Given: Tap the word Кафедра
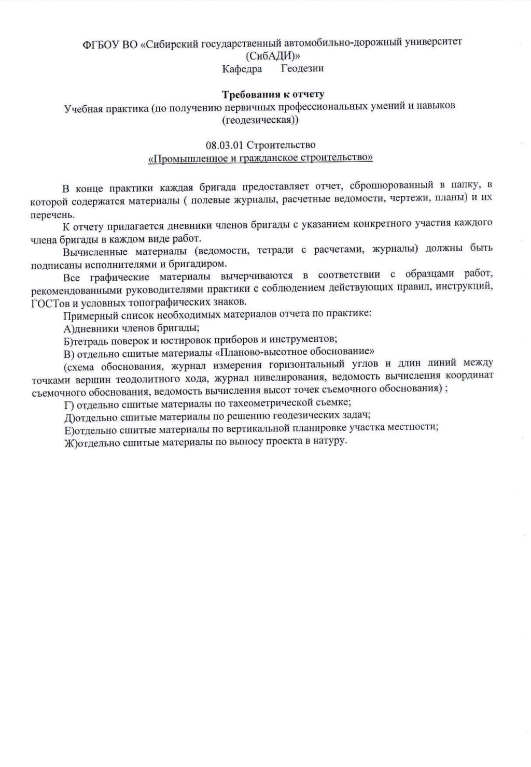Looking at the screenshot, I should [x=242, y=69].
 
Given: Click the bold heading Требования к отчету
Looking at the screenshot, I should [x=273, y=94].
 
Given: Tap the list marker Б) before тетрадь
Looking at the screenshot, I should [x=68, y=340].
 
